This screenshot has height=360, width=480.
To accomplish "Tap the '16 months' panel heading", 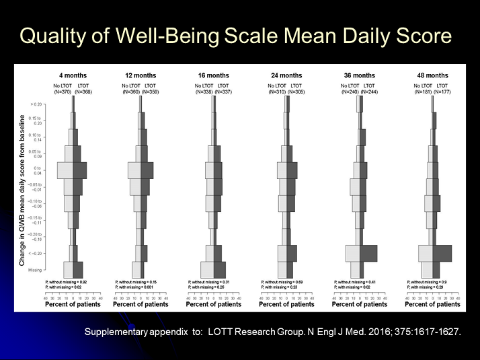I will pos(214,75).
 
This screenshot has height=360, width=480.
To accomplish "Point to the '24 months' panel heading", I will pos(287,75).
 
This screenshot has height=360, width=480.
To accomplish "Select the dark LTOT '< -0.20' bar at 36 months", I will pos(369,253).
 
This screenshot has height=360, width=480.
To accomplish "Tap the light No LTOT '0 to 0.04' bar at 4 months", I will pos(65,170).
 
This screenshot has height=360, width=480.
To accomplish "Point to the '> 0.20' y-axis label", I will pos(37,104).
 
